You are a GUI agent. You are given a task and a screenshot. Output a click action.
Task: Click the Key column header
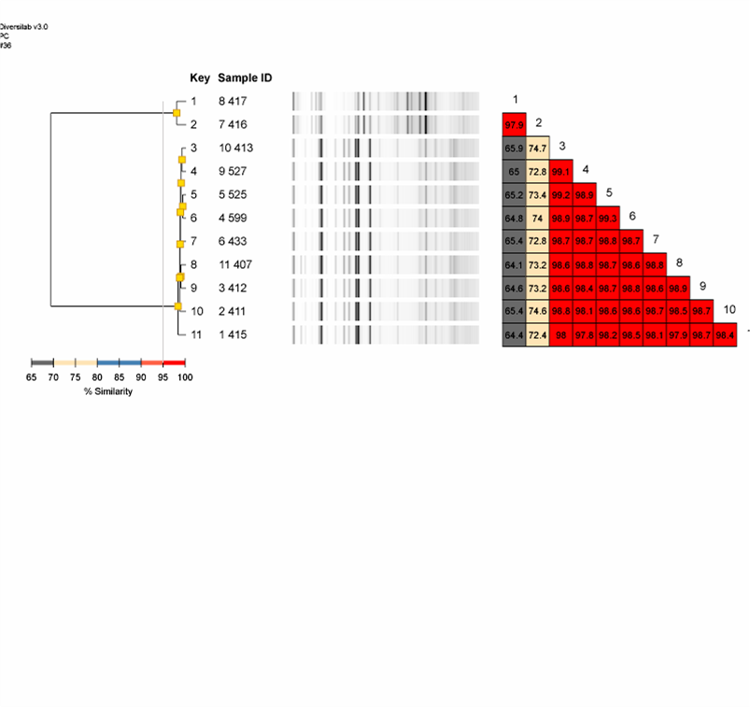(200, 78)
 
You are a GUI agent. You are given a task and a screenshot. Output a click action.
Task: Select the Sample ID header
(245, 78)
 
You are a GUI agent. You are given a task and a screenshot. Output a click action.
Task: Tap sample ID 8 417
(233, 101)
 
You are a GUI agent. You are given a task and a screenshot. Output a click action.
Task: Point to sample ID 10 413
(235, 148)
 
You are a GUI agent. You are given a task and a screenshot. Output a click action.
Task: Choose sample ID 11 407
(235, 264)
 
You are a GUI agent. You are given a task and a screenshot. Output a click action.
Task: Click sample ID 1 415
(233, 334)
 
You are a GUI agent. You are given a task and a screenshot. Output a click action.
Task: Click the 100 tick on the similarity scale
(185, 375)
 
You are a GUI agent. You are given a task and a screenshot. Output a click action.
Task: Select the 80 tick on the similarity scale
(97, 375)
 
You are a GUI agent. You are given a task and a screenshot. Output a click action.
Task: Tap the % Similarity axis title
(108, 391)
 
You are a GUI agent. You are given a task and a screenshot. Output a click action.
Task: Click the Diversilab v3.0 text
(24, 27)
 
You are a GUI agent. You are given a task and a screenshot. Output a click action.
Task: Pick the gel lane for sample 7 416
(386, 124)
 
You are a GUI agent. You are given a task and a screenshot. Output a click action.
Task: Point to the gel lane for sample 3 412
(386, 288)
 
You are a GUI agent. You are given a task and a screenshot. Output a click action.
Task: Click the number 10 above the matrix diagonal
(729, 309)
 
